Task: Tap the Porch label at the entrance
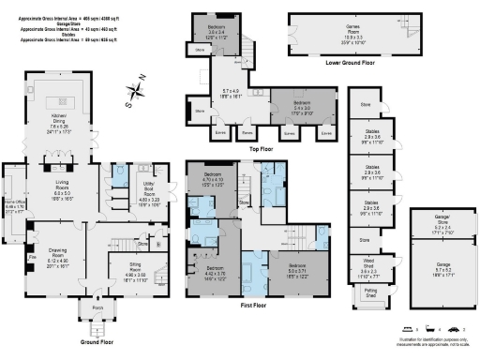point(97,306)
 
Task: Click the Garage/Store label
point(442,223)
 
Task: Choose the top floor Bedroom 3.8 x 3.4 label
point(217,32)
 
